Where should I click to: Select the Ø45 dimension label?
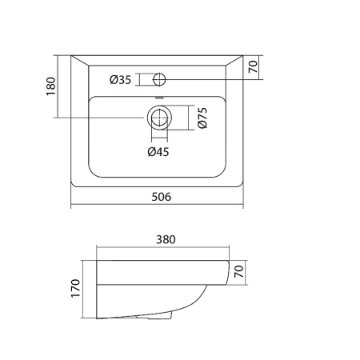158,151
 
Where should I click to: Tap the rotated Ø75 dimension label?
202,118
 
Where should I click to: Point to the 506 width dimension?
161,197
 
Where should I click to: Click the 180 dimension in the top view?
50,87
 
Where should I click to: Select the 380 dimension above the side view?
166,238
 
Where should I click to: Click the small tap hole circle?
158,78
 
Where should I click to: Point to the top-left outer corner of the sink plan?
71,56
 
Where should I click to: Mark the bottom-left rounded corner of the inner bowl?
92,171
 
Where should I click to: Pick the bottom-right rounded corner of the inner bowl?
224,171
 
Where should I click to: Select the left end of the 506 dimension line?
71,205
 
